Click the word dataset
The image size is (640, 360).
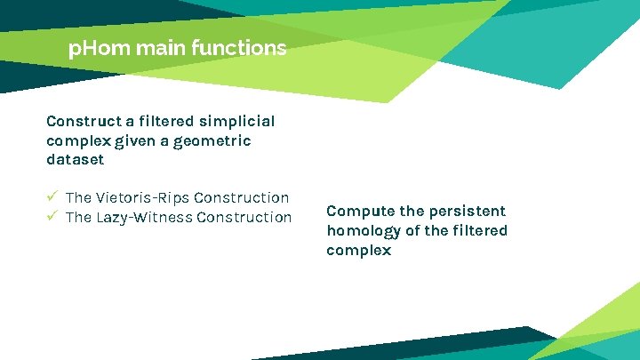[75, 160]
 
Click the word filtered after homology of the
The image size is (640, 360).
[478, 231]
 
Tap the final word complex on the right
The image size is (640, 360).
[358, 251]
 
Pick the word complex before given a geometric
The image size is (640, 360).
[77, 140]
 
